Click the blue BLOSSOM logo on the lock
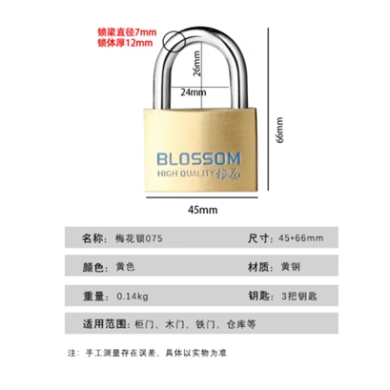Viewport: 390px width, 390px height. coord(199,159)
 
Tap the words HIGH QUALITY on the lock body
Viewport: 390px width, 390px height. coord(186,174)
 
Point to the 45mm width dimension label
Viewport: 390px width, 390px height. coord(203,210)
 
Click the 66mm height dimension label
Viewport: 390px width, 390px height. coord(279,131)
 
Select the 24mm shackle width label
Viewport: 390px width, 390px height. coord(194,92)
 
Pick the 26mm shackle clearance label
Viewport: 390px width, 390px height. coord(197,64)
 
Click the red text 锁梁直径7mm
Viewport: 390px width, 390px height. coord(127,32)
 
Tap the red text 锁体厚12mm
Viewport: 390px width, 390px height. coord(125,43)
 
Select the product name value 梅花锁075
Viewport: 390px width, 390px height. coord(139,238)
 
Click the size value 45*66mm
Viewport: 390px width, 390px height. coord(301,238)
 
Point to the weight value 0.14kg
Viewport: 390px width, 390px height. coord(133,297)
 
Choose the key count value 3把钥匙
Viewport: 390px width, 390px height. coord(299,297)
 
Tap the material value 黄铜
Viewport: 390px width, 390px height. coord(291,267)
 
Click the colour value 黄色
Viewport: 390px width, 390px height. coord(125,267)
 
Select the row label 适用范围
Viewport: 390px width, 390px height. coord(105,324)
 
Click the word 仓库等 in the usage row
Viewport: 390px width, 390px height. coord(241,324)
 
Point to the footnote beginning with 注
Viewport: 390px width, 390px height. coord(147,353)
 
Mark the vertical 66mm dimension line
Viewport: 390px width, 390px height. coord(269,110)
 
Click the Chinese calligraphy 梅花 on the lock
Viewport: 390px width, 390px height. coord(229,174)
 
